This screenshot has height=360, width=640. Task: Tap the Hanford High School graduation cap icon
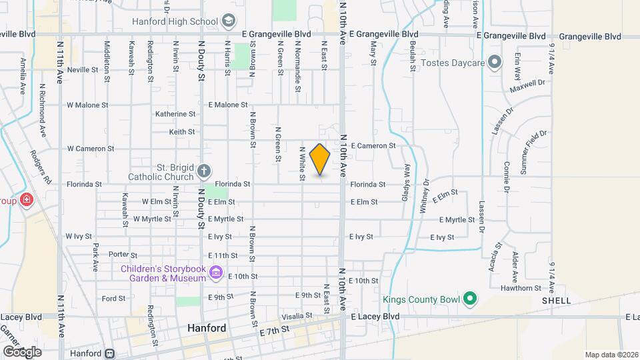[x=229, y=21]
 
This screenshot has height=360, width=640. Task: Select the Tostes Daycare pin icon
[x=495, y=63]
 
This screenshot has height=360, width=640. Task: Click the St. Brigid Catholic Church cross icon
[x=205, y=173]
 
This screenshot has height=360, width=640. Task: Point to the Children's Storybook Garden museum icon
[x=215, y=273]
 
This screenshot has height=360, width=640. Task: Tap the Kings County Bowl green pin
[x=469, y=298]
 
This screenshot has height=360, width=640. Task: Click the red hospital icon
[x=26, y=200]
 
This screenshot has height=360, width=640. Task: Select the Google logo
[x=22, y=351]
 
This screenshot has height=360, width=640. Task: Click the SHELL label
[x=556, y=301]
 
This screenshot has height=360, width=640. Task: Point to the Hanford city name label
[x=206, y=329]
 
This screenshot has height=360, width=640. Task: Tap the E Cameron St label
[x=373, y=145]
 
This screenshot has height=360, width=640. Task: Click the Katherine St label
[x=175, y=114]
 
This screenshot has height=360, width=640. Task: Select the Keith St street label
[x=181, y=132]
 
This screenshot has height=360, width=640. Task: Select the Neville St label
[x=83, y=69]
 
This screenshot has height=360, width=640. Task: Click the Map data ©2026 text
[x=610, y=355]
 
